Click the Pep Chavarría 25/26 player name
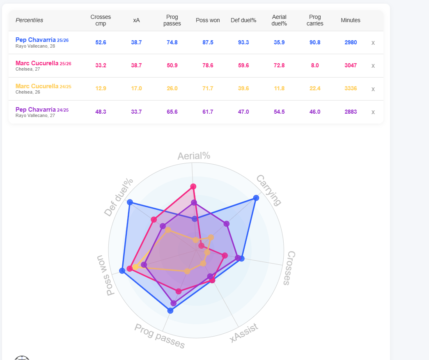pos(42,40)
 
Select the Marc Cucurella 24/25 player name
pos(43,86)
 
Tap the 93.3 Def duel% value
pos(243,42)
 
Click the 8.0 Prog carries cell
pos(315,65)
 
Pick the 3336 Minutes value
pos(351,88)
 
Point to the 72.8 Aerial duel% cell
pos(279,65)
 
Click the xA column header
pos(136,20)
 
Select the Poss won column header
pos(208,20)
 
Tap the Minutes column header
pos(351,20)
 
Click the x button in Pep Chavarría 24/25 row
pos(373,112)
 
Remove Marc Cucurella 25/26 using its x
pos(373,66)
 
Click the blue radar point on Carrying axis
pos(256,198)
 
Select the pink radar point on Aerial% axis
pos(193,186)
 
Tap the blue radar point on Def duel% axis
pos(130,202)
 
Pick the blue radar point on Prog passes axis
pos(170,310)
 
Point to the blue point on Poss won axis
pos(122,271)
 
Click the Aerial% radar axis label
pos(194,156)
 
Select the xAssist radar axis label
pos(244,332)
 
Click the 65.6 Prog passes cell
pos(172,112)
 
